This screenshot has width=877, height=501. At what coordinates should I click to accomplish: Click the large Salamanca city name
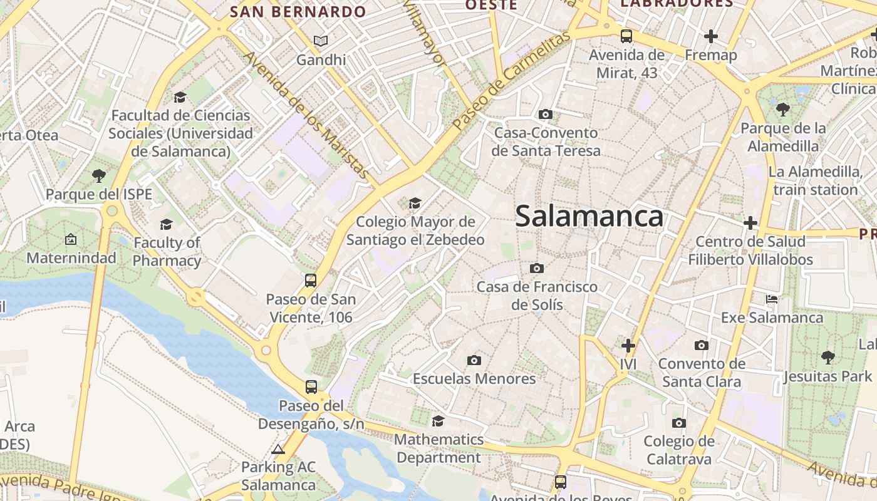589,217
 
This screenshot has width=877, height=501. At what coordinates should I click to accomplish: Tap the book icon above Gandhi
321,41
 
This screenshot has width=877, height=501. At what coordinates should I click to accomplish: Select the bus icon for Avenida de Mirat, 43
626,36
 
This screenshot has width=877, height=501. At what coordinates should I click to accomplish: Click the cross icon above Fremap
710,36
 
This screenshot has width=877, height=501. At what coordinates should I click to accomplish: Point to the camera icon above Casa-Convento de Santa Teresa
546,114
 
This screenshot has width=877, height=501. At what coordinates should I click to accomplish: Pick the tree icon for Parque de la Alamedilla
782,110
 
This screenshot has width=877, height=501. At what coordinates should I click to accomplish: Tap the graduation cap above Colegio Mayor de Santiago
415,203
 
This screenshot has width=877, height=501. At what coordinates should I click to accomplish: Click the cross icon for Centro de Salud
750,223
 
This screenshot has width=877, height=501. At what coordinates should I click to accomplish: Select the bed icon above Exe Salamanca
772,299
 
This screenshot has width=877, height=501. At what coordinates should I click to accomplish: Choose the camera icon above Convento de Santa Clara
702,345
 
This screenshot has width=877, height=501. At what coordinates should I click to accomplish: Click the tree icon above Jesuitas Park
828,358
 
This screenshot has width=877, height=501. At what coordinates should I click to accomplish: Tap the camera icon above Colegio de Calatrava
679,423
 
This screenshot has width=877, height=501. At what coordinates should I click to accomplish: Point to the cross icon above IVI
628,345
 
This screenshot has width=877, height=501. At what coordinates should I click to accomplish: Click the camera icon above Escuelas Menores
474,360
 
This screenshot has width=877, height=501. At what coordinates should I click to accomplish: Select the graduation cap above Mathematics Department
438,421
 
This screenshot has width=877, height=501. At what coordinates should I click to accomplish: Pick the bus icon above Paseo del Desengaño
311,387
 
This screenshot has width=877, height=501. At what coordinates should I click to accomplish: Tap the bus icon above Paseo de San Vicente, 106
311,280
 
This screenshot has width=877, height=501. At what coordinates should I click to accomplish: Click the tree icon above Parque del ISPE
98,175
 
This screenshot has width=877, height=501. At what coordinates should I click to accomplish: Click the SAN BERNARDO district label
298,12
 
